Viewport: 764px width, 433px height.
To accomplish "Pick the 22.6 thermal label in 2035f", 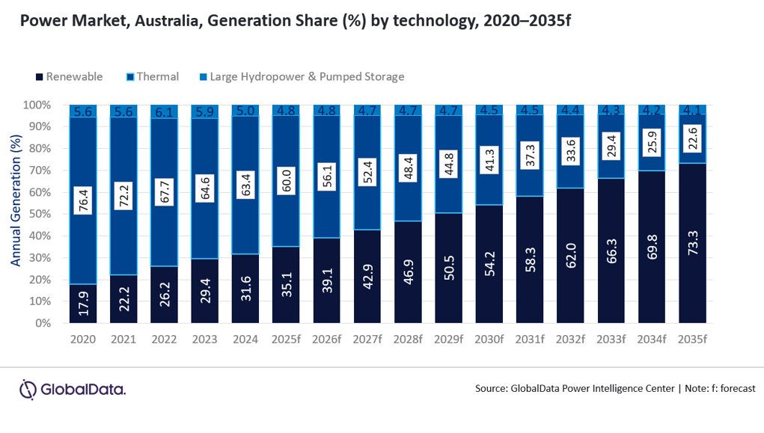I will click(x=693, y=138).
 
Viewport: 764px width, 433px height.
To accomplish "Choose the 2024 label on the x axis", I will click(x=245, y=339).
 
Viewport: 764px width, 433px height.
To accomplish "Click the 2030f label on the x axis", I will click(x=489, y=339).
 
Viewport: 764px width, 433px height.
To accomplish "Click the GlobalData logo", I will click(x=72, y=389).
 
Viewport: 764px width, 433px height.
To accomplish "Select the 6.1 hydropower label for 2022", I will click(x=164, y=111).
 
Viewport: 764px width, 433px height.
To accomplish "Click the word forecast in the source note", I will click(x=734, y=389).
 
